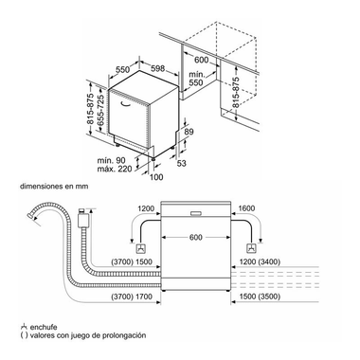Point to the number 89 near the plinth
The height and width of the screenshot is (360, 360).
190,133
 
